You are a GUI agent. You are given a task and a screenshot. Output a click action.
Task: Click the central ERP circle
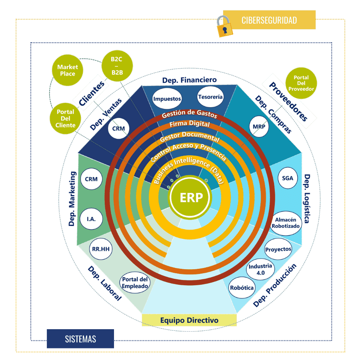pos(190,198)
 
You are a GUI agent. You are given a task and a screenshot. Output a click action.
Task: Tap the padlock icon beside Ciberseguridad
pos(225,26)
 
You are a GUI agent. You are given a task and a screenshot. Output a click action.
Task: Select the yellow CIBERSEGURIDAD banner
pos(269,20)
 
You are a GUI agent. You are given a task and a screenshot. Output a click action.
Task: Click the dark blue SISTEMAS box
pos(80,339)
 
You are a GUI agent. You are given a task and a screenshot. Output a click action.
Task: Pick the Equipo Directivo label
pos(189,320)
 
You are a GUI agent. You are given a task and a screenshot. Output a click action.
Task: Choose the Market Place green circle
pos(67,70)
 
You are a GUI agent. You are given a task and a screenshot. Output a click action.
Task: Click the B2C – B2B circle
pos(117,66)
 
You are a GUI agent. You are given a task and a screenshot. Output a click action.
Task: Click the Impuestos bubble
pos(167,98)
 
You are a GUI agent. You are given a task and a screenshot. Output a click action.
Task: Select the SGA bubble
pos(288,178)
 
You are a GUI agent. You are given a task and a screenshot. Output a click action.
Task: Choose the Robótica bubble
pos(242,288)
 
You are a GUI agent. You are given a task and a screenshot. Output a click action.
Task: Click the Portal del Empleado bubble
pos(135,283)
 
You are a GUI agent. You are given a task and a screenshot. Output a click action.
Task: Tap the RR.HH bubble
pos(101,249)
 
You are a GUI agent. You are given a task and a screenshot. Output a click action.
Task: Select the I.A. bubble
pos(91,219)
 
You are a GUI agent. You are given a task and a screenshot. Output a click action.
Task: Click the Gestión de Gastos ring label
pos(189,114)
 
